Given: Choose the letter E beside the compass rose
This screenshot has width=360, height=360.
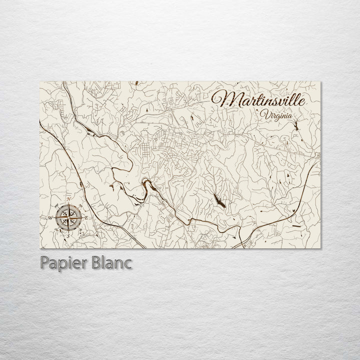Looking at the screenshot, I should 86,218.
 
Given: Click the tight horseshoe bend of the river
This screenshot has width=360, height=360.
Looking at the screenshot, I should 146,182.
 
